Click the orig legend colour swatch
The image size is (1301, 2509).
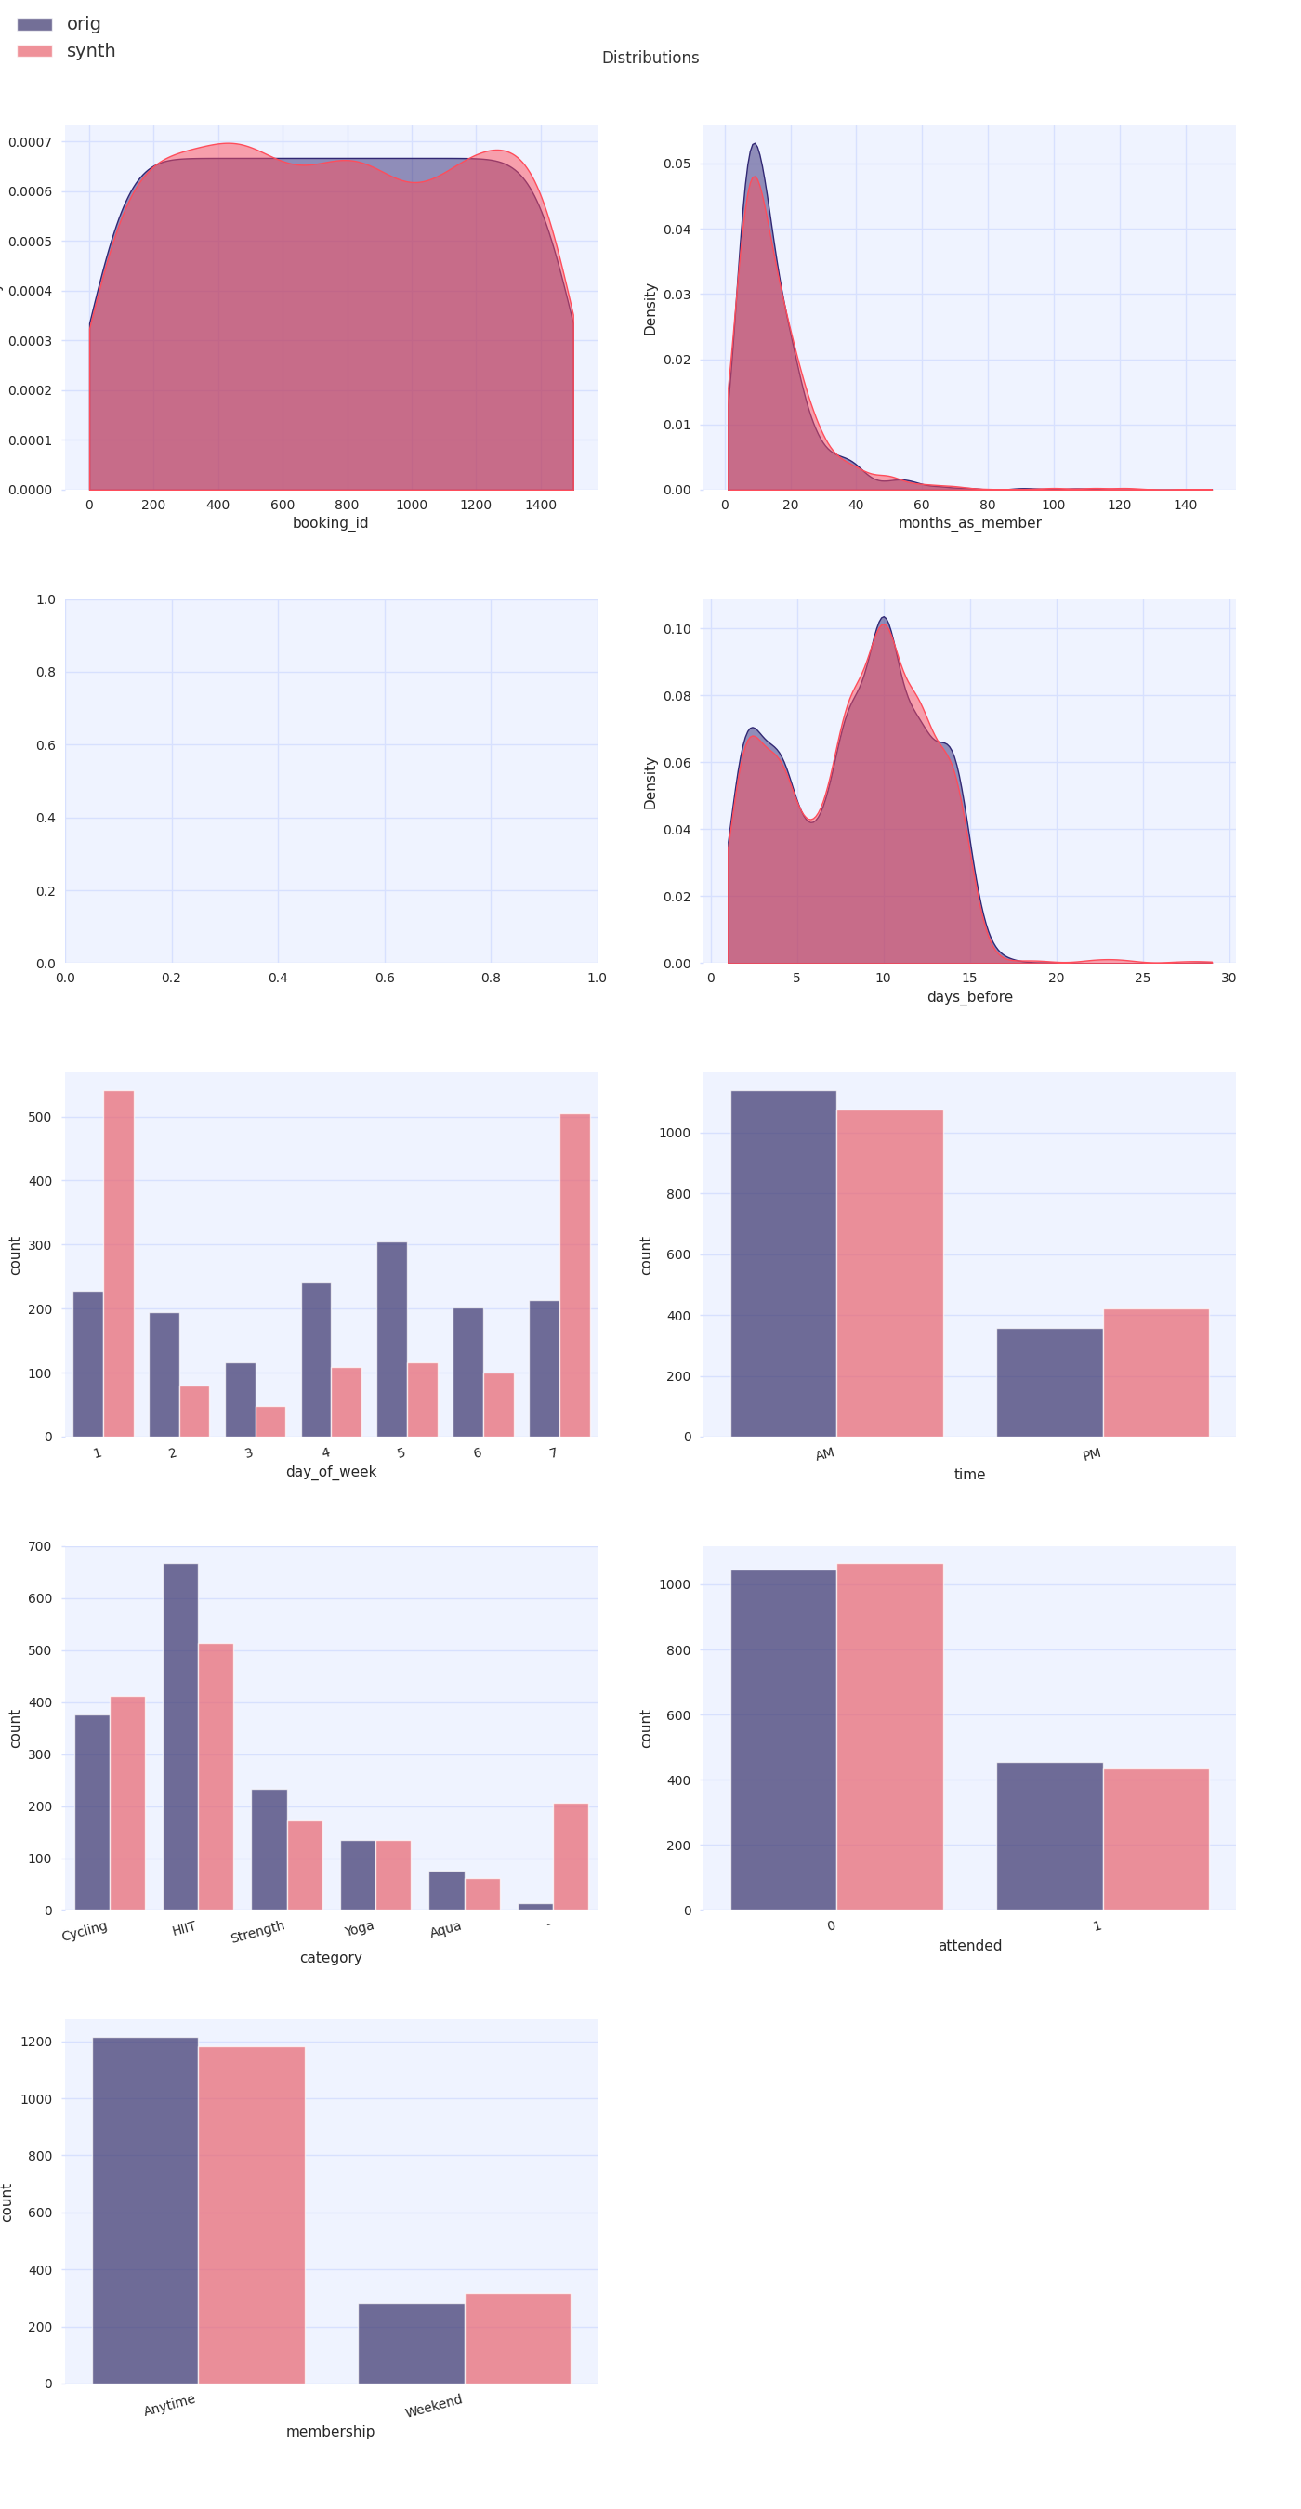34,24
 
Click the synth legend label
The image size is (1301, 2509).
90,51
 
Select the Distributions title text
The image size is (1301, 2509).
650,58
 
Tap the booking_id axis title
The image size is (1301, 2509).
330,523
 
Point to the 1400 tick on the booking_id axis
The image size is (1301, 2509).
541,505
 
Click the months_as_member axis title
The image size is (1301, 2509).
969,523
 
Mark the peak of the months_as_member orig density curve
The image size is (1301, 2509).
754,145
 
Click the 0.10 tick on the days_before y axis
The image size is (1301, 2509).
677,629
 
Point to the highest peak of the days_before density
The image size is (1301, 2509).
883,619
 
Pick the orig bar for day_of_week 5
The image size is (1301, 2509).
391,1339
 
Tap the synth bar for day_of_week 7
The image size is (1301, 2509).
574,1275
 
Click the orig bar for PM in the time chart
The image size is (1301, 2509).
1049,1382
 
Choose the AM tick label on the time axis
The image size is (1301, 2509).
825,1454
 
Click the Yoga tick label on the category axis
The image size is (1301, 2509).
359,1928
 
